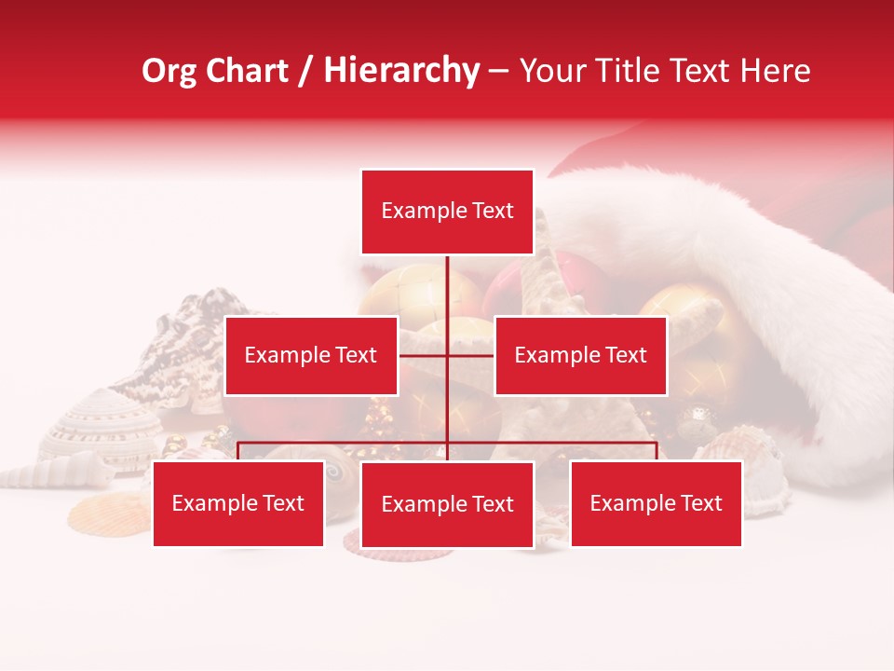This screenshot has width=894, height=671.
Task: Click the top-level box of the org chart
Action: coord(447,212)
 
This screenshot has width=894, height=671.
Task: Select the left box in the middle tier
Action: coord(311,355)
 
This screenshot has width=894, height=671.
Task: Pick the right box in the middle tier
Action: coord(580,355)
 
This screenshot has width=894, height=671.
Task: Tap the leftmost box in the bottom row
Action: coord(238,503)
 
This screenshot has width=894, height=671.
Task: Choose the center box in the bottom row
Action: coord(447,504)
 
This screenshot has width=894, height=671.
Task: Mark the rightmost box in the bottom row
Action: coord(656,503)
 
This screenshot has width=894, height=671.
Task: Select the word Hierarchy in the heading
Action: coord(401,71)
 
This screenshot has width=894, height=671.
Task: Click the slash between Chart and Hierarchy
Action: coord(305,71)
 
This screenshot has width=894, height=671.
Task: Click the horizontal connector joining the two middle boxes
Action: coord(424,355)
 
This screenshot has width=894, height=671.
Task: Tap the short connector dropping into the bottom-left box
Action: coord(238,451)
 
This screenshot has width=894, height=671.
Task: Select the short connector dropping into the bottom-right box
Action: coord(657,451)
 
